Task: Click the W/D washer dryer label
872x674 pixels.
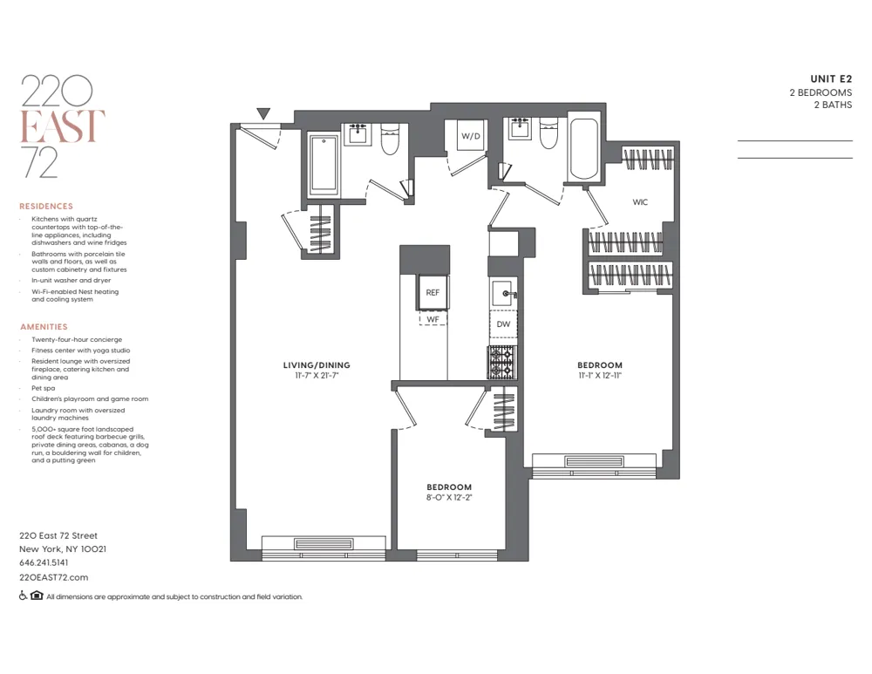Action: [471, 136]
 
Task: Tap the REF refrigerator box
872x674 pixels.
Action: [433, 293]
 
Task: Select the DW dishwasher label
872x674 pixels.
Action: [503, 324]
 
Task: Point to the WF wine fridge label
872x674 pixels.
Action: [433, 320]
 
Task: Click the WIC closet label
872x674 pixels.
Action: [640, 202]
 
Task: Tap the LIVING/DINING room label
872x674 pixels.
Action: [316, 364]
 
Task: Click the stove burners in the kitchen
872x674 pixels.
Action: [502, 361]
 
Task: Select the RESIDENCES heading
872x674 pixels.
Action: [46, 207]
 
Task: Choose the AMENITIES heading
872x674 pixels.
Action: [44, 327]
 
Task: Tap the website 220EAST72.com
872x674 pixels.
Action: [53, 577]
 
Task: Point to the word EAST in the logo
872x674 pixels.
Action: [62, 127]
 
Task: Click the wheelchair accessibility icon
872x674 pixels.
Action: [23, 596]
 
